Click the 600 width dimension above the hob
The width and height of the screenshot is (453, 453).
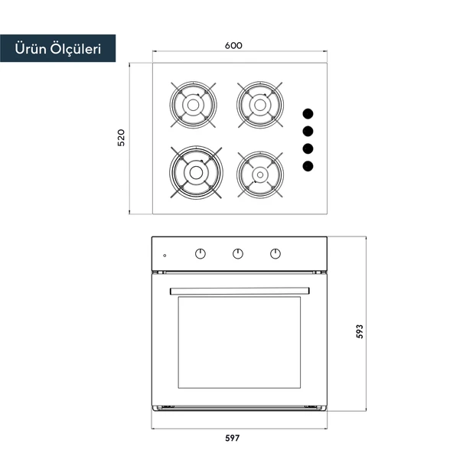(x=233, y=46)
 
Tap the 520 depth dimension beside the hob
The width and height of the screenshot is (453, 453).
(x=122, y=138)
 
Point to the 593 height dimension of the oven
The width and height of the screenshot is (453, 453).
(x=360, y=331)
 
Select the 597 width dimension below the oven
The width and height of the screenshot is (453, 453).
(x=233, y=438)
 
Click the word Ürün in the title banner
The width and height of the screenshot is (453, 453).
(x=31, y=48)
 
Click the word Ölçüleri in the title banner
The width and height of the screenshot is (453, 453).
(x=76, y=49)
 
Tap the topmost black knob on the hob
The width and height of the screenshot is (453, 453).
(x=308, y=114)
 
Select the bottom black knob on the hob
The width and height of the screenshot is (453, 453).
(x=308, y=166)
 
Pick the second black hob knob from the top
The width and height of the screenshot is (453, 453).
(x=308, y=132)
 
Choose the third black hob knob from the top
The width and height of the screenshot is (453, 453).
(x=308, y=148)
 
